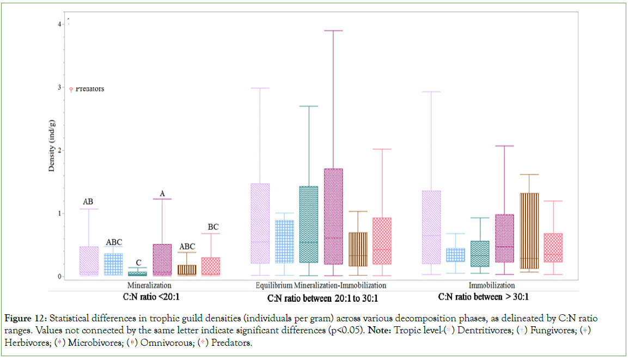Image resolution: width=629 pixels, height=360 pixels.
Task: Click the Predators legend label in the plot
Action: click(x=89, y=89)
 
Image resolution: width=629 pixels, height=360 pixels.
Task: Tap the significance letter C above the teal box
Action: click(x=138, y=263)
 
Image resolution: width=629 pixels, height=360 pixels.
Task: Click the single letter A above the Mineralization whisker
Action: click(x=162, y=193)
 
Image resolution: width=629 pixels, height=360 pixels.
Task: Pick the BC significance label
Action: click(x=212, y=227)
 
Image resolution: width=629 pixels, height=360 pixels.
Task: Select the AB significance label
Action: click(x=88, y=202)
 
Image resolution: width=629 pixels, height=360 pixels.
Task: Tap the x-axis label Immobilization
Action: click(x=492, y=285)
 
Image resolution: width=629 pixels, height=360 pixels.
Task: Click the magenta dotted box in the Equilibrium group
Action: click(x=333, y=216)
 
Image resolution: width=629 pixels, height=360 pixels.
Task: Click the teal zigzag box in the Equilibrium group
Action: click(x=309, y=224)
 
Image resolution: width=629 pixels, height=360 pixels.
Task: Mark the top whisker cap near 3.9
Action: click(x=333, y=30)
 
